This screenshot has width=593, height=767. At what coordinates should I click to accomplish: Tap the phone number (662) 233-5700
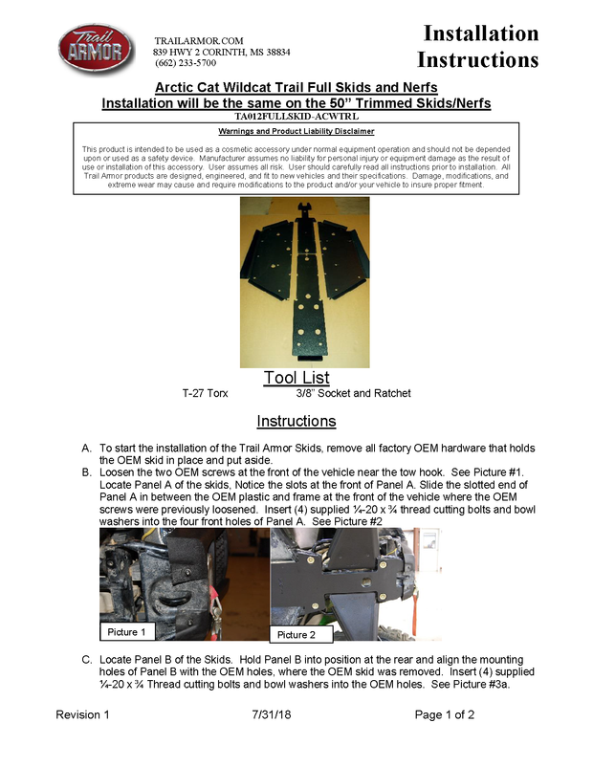(185, 63)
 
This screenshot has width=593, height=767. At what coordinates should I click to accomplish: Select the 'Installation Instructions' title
(480, 47)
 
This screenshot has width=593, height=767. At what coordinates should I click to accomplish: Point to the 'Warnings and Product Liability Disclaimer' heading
(296, 131)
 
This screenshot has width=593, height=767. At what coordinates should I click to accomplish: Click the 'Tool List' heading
(296, 378)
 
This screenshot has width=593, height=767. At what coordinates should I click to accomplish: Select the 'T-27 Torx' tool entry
(205, 393)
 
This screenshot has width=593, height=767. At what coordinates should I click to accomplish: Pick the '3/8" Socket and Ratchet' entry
(353, 393)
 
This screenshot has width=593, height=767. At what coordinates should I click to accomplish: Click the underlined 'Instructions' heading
(296, 422)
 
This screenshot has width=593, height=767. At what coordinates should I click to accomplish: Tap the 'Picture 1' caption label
(127, 632)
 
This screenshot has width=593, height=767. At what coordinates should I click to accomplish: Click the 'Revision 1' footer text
(82, 715)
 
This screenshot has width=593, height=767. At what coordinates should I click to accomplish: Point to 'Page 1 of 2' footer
(445, 715)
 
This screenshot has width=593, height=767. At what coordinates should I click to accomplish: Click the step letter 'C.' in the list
(88, 660)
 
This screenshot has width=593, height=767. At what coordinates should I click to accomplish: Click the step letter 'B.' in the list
(88, 472)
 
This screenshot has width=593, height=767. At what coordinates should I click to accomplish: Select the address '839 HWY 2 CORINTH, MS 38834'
(222, 52)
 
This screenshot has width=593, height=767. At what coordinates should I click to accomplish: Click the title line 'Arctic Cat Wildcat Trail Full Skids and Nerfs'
(296, 87)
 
